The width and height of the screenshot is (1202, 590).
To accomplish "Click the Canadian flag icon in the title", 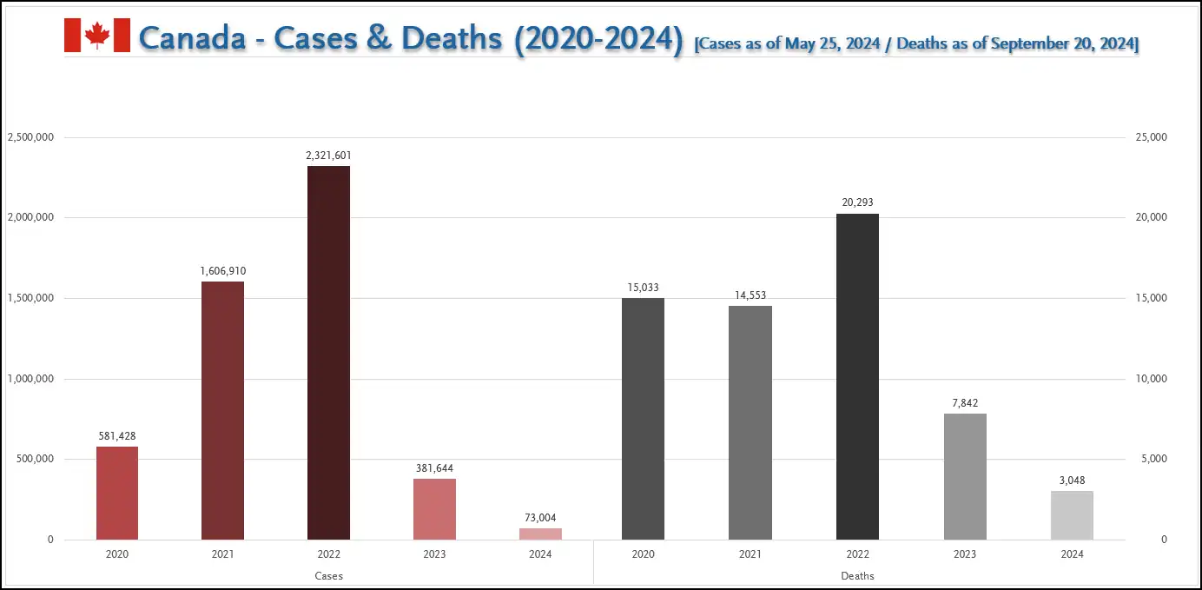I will click(97, 36).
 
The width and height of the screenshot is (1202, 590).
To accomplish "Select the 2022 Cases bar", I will click(328, 352).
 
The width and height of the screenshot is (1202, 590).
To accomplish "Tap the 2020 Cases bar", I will click(117, 493).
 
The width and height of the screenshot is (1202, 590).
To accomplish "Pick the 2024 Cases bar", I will click(540, 534).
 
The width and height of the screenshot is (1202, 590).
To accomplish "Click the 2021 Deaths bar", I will click(750, 422).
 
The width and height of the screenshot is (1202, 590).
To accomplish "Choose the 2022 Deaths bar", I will click(857, 376).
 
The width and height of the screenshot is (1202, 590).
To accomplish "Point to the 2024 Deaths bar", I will click(1072, 515).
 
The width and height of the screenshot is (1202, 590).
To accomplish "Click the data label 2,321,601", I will click(328, 156).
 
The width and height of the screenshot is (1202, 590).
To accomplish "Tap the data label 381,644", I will click(434, 468).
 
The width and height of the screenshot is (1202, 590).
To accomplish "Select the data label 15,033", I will click(644, 288).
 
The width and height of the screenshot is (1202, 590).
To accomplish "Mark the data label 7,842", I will click(965, 403).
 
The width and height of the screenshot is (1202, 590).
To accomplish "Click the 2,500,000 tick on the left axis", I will click(31, 137).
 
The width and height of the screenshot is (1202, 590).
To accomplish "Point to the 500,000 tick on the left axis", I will click(35, 459).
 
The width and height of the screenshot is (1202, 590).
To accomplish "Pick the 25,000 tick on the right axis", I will click(1152, 137).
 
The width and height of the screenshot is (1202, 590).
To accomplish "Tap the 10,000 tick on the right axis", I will click(1152, 379).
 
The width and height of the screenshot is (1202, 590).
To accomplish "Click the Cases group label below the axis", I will click(328, 576).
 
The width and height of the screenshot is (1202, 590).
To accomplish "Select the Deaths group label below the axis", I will click(857, 576).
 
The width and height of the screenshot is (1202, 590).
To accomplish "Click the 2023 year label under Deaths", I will click(965, 554).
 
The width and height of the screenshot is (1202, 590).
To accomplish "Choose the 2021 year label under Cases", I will click(222, 554).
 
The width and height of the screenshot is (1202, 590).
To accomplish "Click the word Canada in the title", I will click(192, 38).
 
